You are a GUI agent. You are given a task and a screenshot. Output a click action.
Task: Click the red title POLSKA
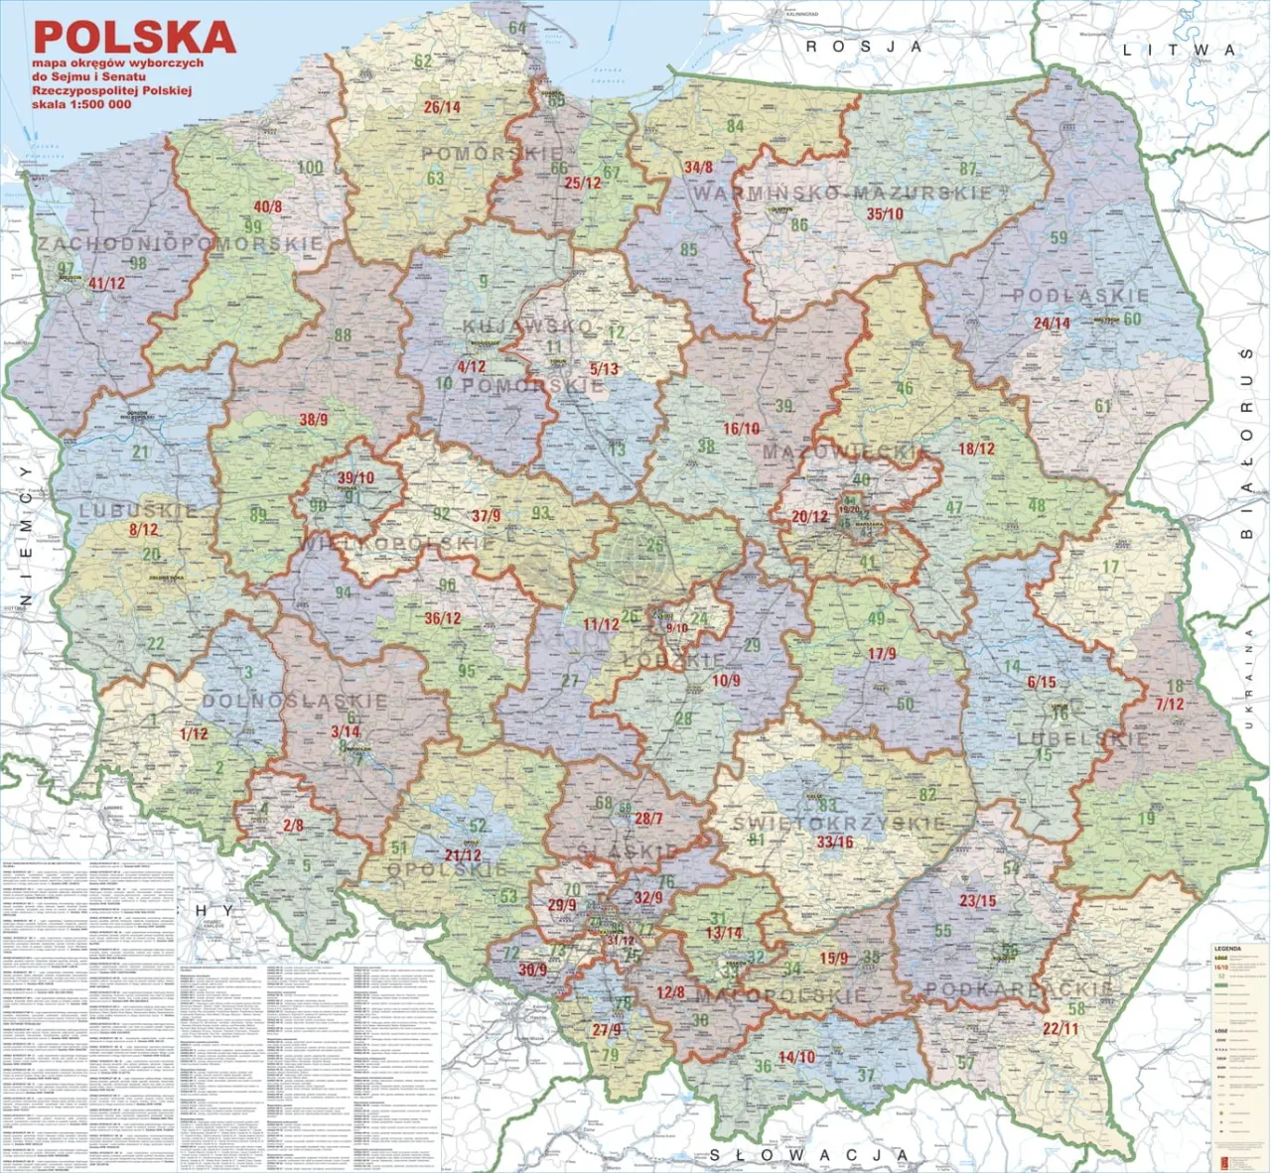point(134,37)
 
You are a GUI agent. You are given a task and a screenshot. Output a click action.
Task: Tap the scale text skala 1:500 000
point(81,104)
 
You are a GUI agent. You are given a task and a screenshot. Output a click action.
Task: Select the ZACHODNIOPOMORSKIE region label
point(180,243)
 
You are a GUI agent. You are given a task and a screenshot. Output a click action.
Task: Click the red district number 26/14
point(442,107)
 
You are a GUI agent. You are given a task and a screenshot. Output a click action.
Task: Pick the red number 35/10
point(885,213)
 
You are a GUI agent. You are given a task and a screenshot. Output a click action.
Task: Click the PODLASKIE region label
point(1080,296)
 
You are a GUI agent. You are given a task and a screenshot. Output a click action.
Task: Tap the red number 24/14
point(1052,324)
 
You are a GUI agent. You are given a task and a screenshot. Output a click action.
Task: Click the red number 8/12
point(143,530)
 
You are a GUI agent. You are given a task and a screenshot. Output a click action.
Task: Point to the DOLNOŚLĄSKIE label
point(295,701)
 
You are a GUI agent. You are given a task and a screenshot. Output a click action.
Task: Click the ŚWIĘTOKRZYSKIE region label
point(839,823)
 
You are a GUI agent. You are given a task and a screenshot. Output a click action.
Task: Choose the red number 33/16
point(835,842)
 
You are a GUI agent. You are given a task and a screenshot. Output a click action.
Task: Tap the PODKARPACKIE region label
point(1019,988)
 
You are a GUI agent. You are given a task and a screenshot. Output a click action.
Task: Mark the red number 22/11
point(1060,1028)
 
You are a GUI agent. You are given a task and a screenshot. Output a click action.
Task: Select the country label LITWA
point(1179,50)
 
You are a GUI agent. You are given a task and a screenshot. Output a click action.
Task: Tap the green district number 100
point(310,167)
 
